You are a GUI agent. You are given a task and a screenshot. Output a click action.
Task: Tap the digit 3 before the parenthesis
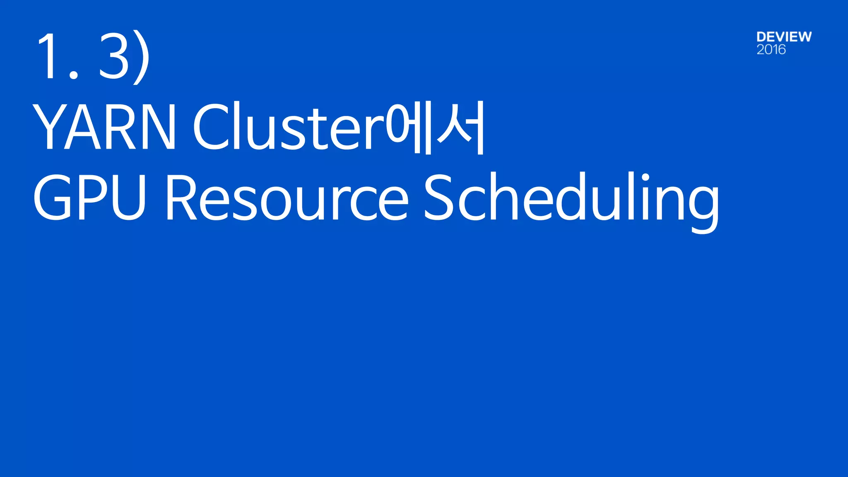[114, 55]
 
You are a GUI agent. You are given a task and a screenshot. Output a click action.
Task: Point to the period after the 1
[74, 75]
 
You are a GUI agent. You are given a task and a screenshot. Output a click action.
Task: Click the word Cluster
[288, 126]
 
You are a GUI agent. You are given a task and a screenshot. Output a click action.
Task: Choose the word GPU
[89, 197]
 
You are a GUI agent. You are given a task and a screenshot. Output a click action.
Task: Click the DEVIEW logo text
[784, 37]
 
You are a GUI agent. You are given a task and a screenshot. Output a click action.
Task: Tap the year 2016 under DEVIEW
[771, 50]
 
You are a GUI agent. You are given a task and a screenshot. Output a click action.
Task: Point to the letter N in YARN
[159, 126]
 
